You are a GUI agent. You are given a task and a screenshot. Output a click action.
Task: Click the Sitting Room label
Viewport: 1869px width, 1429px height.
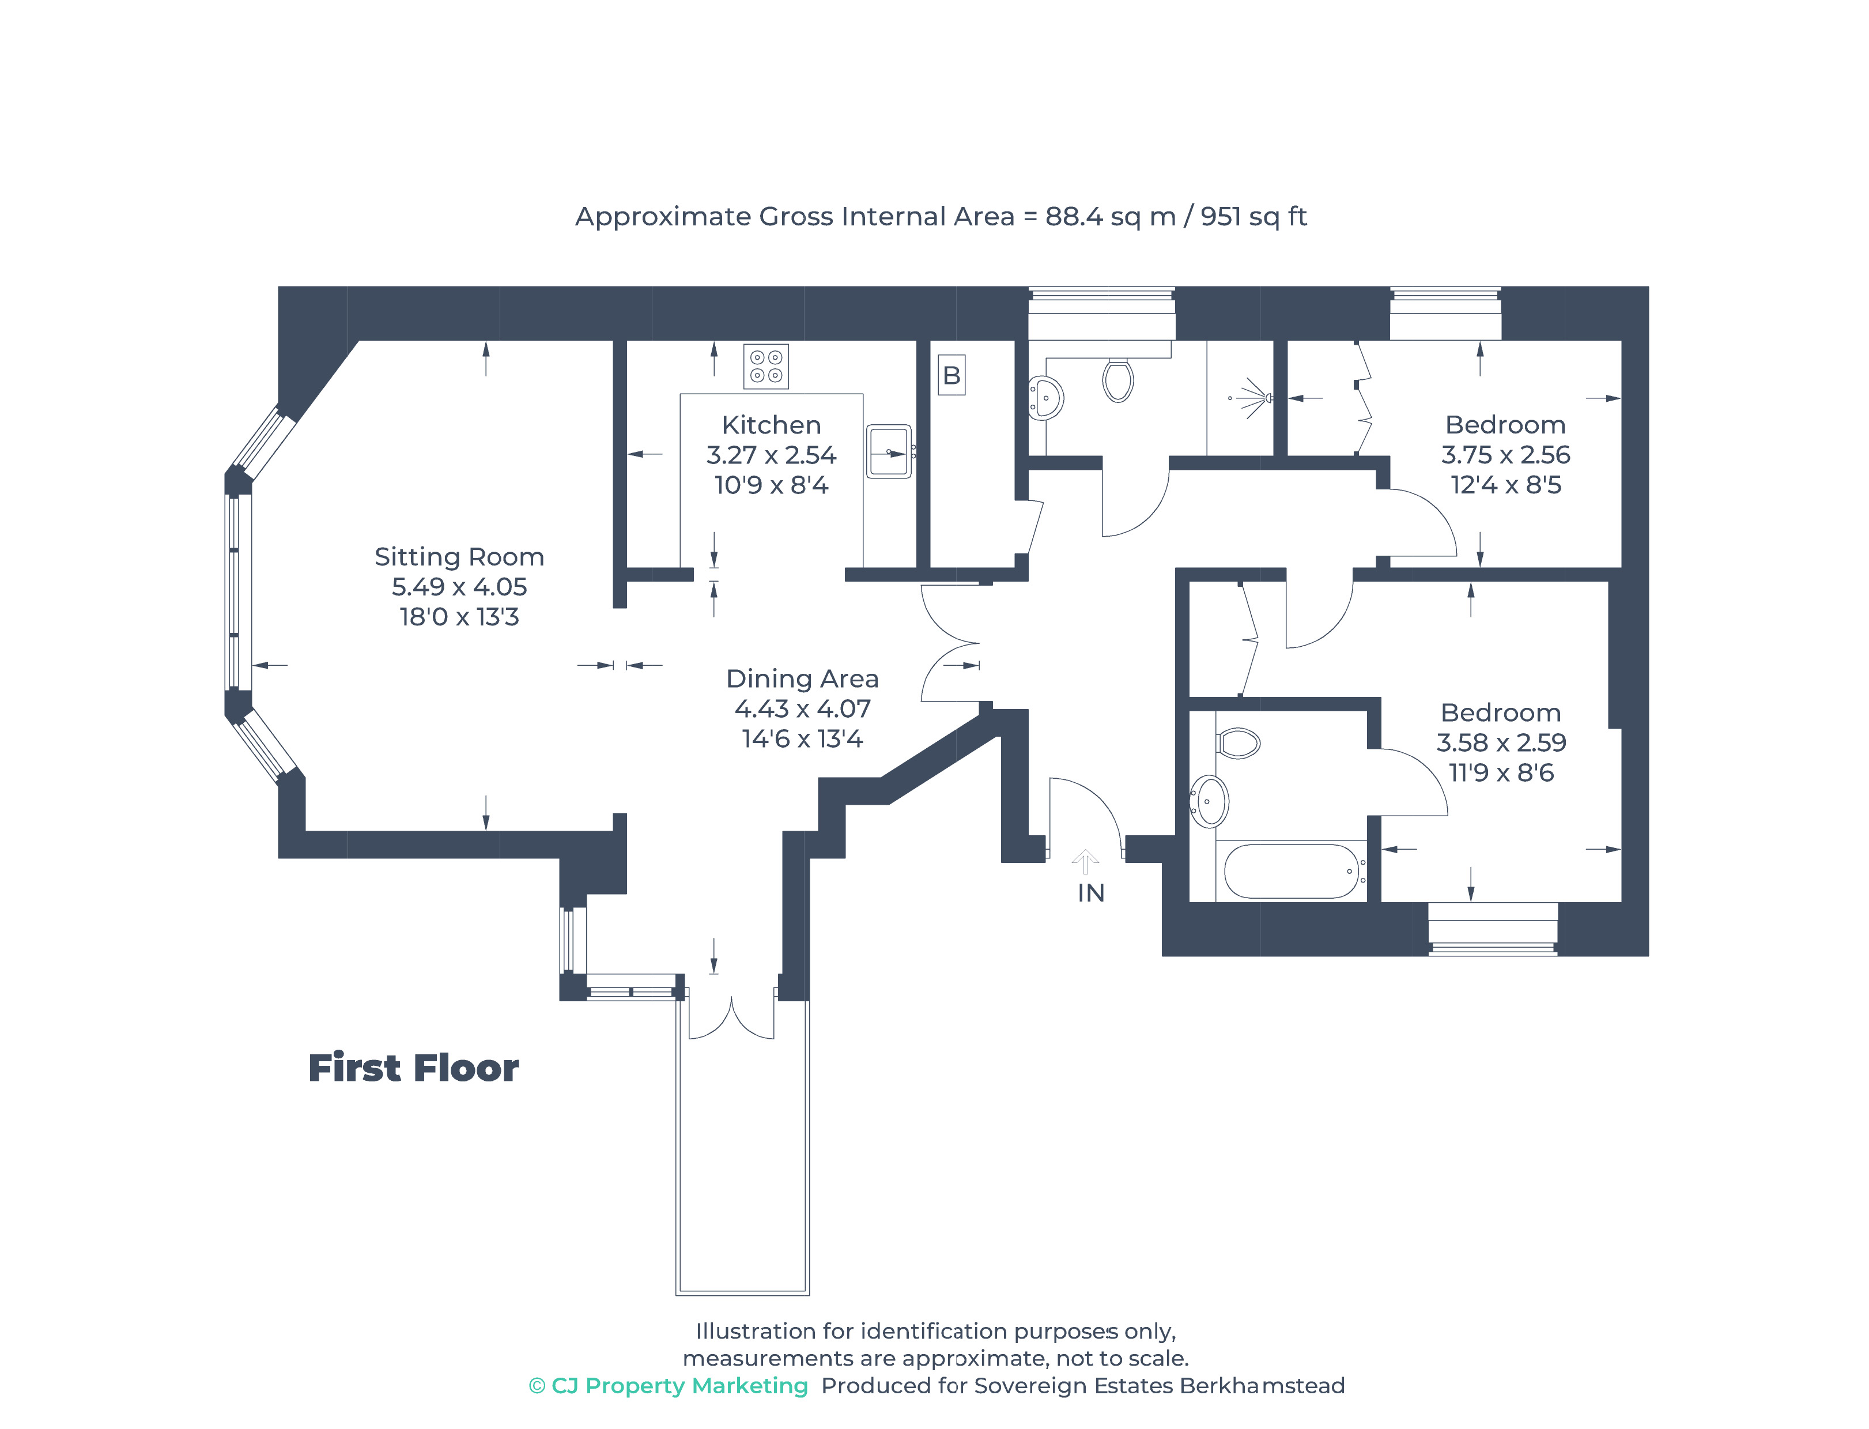click(x=459, y=557)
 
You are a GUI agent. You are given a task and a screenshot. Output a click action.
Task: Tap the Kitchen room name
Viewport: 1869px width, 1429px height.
click(x=771, y=425)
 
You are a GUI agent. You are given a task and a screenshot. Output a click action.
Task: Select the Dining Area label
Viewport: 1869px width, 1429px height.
click(x=802, y=679)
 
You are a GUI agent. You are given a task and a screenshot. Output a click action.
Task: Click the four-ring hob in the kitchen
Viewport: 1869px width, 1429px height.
click(x=766, y=367)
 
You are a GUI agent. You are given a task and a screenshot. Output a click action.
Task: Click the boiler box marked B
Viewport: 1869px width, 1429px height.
click(x=952, y=375)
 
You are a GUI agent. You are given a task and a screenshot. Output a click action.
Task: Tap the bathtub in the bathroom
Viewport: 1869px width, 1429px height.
click(x=1292, y=871)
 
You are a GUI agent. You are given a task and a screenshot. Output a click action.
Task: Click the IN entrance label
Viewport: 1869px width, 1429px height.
click(x=1091, y=893)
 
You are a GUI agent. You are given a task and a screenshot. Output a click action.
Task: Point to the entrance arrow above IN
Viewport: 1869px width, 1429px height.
click(x=1085, y=862)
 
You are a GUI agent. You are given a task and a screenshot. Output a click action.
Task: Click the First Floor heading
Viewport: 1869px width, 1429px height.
click(x=413, y=1068)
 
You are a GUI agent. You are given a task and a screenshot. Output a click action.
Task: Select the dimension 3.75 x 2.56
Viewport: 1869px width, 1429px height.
click(x=1505, y=455)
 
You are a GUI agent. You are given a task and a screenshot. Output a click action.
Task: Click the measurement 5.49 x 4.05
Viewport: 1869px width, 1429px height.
click(x=459, y=587)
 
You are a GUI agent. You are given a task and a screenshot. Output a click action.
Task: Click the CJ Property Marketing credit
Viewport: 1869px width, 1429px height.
click(x=669, y=1386)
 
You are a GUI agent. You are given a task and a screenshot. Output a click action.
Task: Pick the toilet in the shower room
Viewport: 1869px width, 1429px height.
click(x=1118, y=379)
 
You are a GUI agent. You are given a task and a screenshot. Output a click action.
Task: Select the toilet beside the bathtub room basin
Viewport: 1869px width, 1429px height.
click(x=1238, y=742)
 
